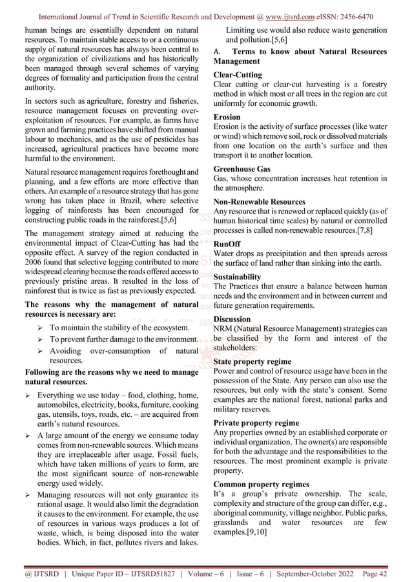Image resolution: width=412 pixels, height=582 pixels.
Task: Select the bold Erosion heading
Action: (226, 117)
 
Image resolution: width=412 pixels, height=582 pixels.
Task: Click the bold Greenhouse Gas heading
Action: (242, 169)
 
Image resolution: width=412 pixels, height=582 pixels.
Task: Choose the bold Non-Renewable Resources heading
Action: (259, 201)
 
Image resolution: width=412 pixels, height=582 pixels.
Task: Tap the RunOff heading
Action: (227, 244)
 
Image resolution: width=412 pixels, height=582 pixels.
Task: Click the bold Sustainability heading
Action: (237, 276)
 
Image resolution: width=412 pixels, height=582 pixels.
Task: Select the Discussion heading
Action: (232, 319)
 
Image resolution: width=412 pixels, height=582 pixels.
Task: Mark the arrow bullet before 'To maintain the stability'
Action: (40, 327)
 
